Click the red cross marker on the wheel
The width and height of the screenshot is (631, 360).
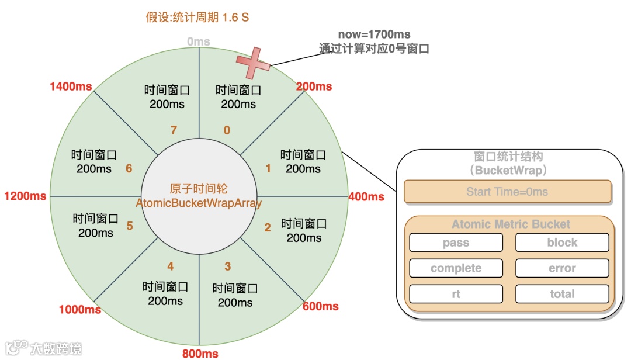253,64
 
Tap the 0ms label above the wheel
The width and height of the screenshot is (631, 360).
199,42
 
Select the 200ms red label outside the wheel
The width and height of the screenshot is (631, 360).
314,86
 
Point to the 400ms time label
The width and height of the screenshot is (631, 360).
366,197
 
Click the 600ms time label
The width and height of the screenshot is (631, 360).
321,306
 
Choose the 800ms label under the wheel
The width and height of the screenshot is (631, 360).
200,353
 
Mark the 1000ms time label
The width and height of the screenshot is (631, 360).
80,309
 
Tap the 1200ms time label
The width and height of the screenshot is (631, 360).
25,196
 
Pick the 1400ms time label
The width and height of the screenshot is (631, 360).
71,86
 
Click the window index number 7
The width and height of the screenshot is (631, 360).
174,130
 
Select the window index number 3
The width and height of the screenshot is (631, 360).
228,266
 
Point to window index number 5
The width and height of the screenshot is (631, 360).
130,226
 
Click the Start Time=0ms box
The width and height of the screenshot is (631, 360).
507,192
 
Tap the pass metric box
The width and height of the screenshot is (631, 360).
456,243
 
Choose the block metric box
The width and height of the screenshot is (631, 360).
562,243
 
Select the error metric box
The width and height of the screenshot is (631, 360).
562,268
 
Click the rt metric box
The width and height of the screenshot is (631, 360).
456,294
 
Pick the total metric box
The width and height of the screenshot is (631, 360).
562,294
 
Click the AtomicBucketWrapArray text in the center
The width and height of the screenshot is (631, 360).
199,203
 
